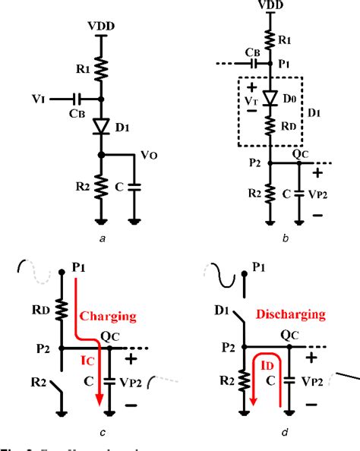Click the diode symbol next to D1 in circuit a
101,127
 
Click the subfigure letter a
101,238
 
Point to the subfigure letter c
101,434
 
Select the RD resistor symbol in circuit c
59,312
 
